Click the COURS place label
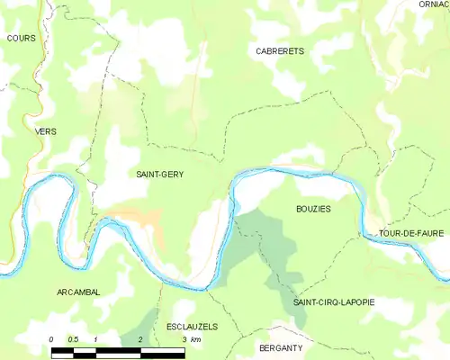coord(20,38)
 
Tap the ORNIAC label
coord(433,4)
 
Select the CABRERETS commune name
coord(279,51)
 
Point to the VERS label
coord(45,130)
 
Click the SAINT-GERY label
coord(160,174)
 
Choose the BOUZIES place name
coord(313,208)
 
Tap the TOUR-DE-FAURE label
coord(411,233)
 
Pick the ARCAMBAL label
coord(78,292)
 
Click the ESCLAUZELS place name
coord(193,327)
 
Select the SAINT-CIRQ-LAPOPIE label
coord(334,302)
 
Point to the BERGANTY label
coord(279,346)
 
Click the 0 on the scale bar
coord(52,338)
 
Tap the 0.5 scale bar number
coord(74,338)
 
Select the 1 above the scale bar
coord(96,338)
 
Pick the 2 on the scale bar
coord(140,338)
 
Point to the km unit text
coord(196,338)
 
